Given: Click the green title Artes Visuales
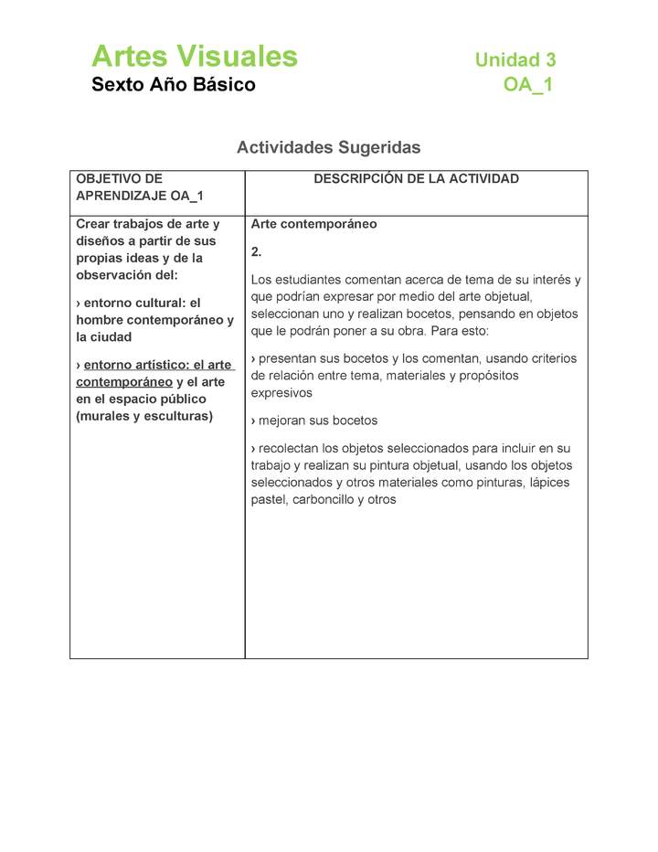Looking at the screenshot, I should point(195,57).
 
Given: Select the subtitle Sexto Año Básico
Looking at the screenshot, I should point(174,85).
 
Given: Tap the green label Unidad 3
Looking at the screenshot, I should point(515,60).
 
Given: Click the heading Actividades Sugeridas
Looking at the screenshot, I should point(328,147).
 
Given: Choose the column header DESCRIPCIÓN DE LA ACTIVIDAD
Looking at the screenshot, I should point(416,179).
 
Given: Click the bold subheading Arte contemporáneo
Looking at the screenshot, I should point(313,224).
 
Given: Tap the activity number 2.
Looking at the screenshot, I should point(257,251).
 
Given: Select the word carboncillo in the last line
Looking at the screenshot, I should point(324,500).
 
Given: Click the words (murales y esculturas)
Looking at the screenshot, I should point(144,416).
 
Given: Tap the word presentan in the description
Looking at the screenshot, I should point(288,358).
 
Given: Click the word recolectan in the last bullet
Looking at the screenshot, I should point(291,448).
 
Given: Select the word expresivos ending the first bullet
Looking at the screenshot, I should point(281,392).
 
